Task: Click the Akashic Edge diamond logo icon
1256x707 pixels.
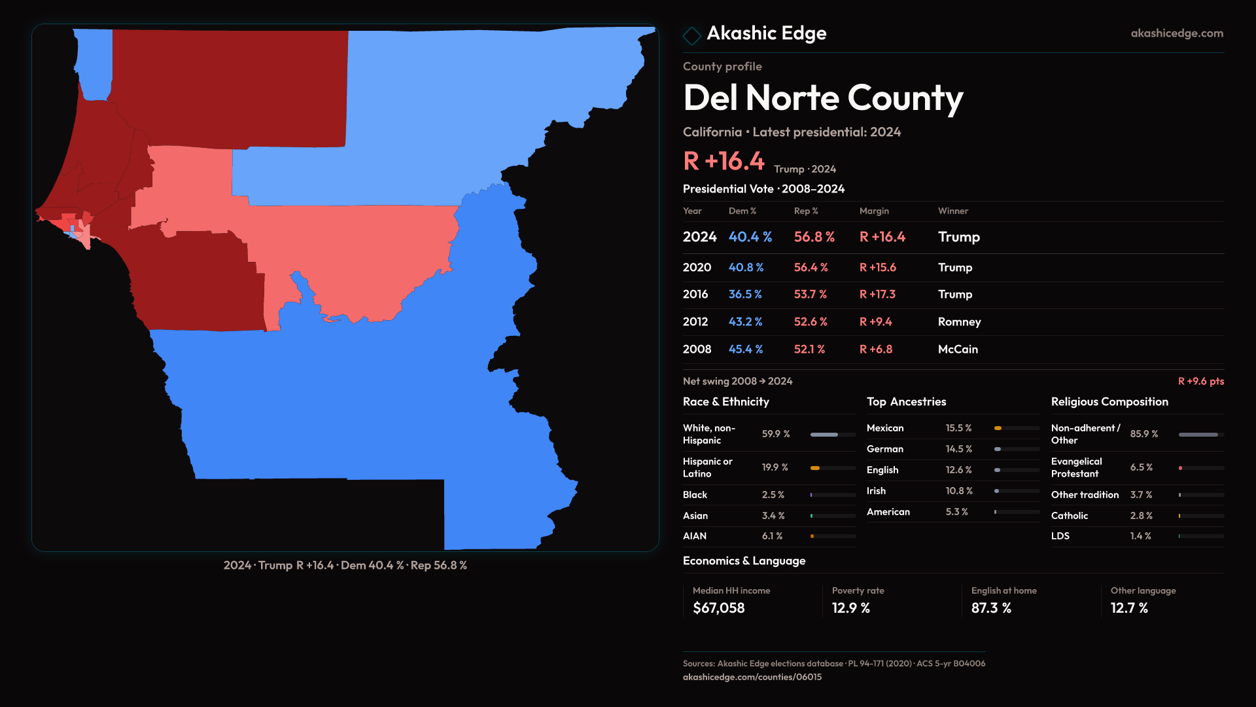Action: coord(691,35)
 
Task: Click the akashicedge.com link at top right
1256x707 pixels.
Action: coord(1176,33)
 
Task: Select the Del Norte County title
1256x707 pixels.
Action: coord(822,98)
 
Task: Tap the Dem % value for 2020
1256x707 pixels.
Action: coord(746,268)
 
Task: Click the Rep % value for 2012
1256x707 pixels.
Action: coord(810,322)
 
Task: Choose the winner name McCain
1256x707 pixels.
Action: coord(957,350)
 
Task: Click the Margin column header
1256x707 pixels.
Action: coord(874,211)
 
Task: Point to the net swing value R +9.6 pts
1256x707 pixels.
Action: coord(1200,381)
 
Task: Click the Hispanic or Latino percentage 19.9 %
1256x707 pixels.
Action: coord(775,467)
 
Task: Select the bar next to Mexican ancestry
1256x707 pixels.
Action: coord(1016,428)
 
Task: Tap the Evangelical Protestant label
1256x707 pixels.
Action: coord(1076,467)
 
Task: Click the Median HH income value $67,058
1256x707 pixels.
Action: coord(718,608)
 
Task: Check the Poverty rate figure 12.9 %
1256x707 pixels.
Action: coord(850,608)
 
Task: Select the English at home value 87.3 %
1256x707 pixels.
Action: coord(990,608)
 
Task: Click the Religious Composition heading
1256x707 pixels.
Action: coord(1109,402)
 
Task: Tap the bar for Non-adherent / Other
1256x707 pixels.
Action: coord(1200,435)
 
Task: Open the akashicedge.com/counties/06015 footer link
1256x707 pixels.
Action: coord(752,677)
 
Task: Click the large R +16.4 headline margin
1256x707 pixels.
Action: coord(723,161)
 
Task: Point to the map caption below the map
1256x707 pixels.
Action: coord(345,565)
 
